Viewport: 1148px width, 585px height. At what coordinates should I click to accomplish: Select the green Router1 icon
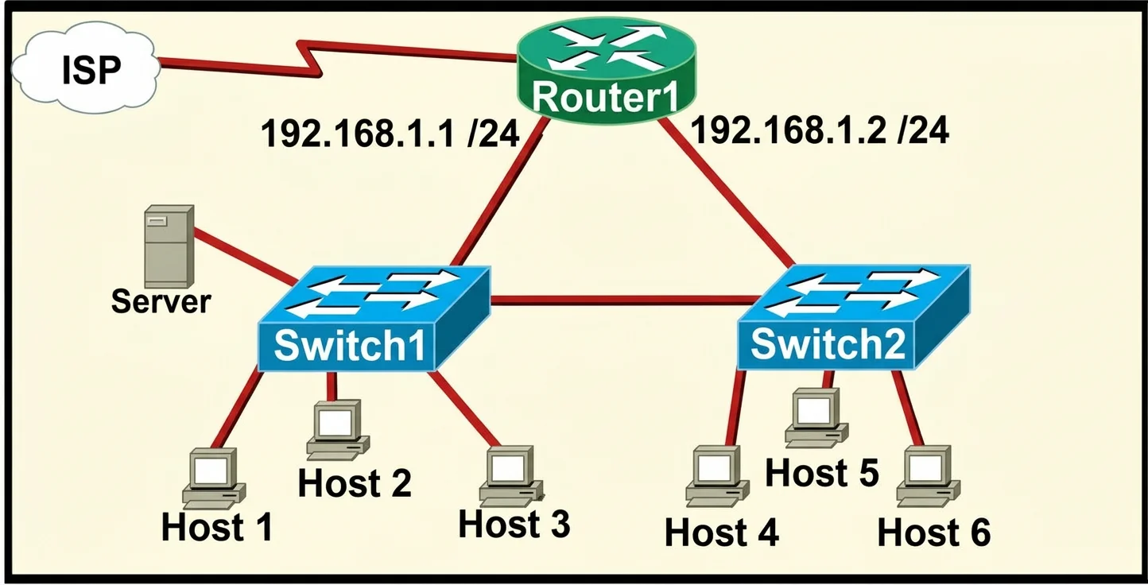point(607,69)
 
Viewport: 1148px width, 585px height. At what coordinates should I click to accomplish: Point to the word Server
point(161,301)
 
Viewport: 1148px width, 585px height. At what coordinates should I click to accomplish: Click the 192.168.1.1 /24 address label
point(390,134)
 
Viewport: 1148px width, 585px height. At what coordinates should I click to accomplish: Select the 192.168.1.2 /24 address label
point(820,130)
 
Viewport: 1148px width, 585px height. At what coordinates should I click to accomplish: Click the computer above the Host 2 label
point(338,430)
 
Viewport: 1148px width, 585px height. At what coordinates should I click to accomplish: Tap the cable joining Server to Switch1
point(245,257)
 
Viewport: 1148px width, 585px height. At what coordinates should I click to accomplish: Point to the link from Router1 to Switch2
point(727,192)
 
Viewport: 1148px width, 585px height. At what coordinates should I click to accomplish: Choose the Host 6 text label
point(934,533)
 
